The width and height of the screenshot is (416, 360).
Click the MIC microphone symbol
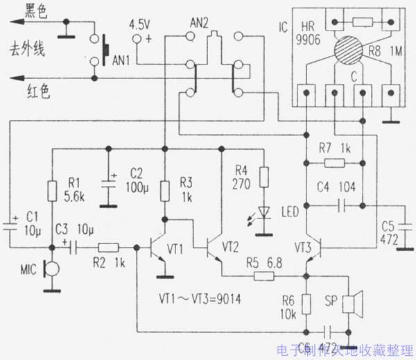pyautogui.click(x=46, y=268)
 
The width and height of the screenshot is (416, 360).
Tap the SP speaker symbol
pyautogui.click(x=356, y=302)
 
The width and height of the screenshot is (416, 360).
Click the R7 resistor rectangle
pyautogui.click(x=335, y=164)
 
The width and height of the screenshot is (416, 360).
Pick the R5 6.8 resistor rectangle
pyautogui.click(x=264, y=275)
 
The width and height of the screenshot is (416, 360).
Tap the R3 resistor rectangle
pyautogui.click(x=165, y=189)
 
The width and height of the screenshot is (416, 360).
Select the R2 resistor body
pyautogui.click(x=108, y=247)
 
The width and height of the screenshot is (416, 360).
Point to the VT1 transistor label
pyautogui.click(x=176, y=248)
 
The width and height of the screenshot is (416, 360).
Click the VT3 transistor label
pyautogui.click(x=303, y=247)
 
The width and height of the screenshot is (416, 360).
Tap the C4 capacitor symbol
pyautogui.click(x=341, y=205)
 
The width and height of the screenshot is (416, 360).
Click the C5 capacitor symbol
pyautogui.click(x=405, y=223)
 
